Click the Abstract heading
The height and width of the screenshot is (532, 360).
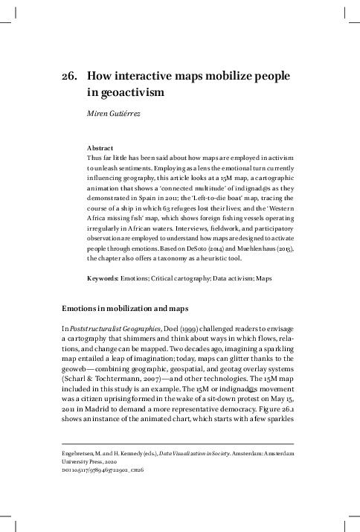coord(102,148)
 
